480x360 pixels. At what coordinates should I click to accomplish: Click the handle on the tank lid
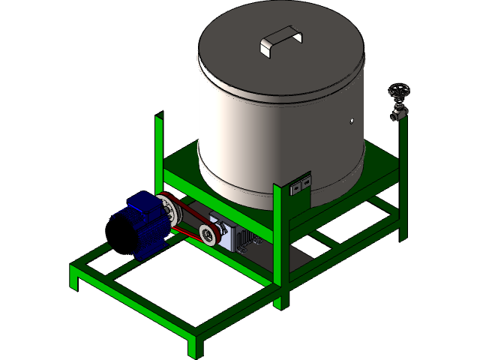[280, 41]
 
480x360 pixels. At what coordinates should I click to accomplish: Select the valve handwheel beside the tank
[399, 92]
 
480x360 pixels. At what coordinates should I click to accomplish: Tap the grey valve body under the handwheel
[399, 113]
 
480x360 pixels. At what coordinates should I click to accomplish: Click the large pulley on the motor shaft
[169, 209]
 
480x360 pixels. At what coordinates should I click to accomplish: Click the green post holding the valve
[403, 180]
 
